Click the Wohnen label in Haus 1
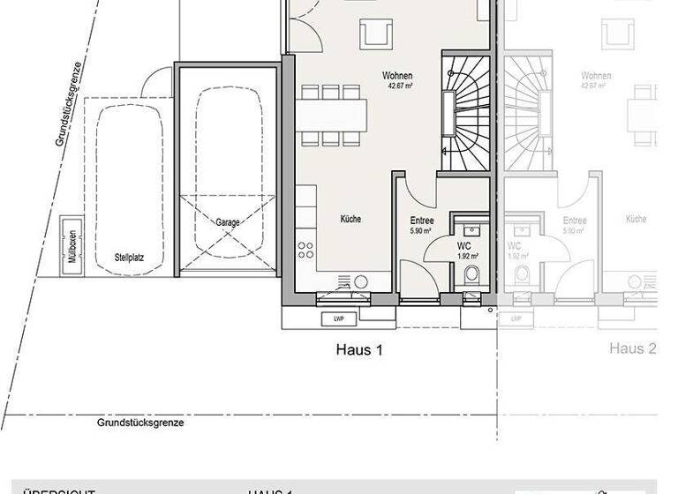click(397, 76)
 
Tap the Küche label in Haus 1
click(350, 219)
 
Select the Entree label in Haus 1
click(421, 221)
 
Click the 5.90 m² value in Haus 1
click(420, 231)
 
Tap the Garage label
click(227, 223)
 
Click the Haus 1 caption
click(359, 349)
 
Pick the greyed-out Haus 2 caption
click(632, 349)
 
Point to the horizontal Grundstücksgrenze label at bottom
click(140, 423)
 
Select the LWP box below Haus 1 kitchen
click(338, 318)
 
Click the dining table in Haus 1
click(332, 113)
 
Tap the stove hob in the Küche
click(305, 248)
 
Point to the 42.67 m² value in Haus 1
click(398, 86)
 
